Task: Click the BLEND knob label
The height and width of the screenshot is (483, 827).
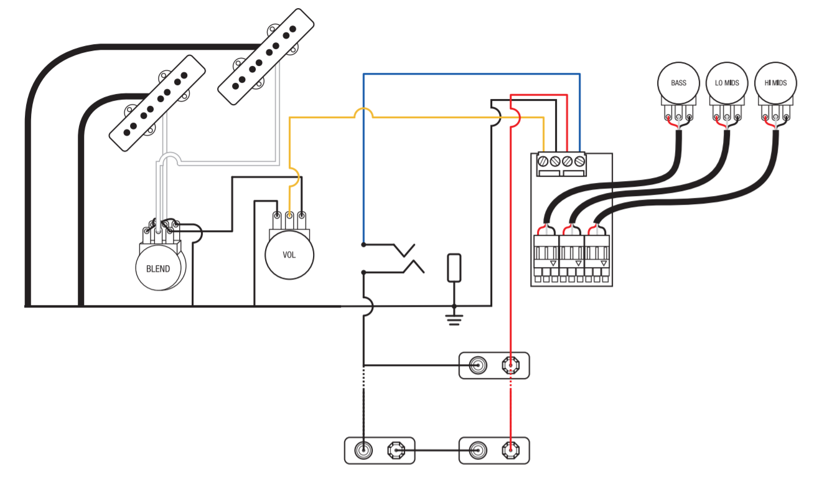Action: pos(158,269)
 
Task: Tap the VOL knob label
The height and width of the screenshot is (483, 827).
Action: pos(289,255)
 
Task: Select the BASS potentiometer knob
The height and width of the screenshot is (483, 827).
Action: pos(678,83)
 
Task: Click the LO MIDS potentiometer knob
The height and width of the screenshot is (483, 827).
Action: pos(727,83)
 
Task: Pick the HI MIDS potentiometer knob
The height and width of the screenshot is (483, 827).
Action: pos(775,83)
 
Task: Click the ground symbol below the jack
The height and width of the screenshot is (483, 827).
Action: pos(454,320)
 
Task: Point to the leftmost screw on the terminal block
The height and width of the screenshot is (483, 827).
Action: pos(543,161)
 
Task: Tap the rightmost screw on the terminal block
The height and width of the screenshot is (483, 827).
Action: pos(579,161)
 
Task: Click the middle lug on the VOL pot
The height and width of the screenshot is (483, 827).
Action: pos(289,215)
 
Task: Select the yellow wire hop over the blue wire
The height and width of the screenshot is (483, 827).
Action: pos(363,112)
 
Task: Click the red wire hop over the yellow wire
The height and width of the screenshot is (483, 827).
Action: pos(516,118)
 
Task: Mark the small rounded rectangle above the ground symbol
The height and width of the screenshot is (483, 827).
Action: pos(454,268)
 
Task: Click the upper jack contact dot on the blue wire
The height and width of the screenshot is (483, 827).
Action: pos(363,245)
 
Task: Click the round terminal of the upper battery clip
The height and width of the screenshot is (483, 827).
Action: pos(478,365)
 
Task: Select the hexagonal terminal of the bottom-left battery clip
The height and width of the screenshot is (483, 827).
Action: pos(396,451)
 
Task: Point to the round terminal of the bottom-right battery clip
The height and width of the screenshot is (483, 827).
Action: pos(478,451)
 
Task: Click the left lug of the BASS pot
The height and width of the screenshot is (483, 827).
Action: pos(668,117)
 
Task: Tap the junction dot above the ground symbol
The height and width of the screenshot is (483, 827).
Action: pos(454,306)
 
